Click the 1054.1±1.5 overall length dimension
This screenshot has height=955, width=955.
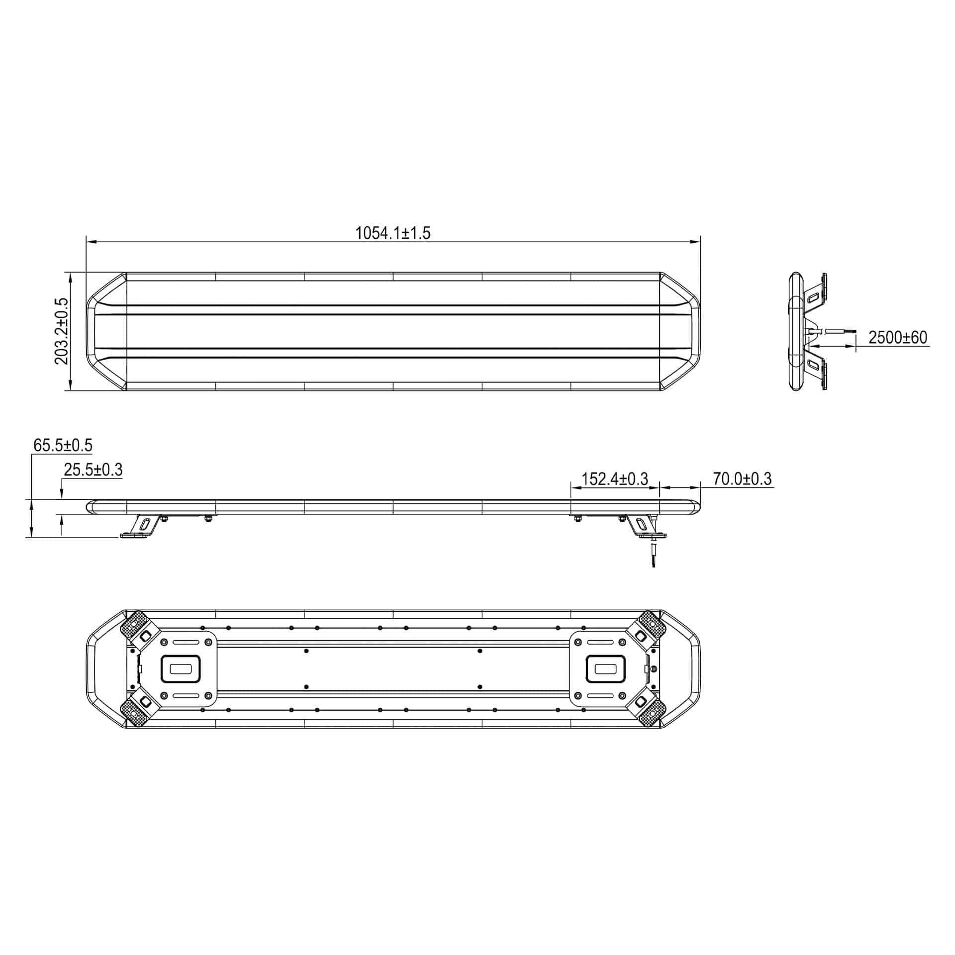pyautogui.click(x=392, y=233)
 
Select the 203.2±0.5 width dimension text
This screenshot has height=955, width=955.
pyautogui.click(x=62, y=331)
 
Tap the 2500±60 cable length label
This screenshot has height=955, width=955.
pyautogui.click(x=898, y=337)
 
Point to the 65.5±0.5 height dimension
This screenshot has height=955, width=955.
pyautogui.click(x=63, y=445)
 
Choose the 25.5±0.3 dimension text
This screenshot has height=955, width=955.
pyautogui.click(x=93, y=469)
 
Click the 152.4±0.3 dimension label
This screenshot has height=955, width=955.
pyautogui.click(x=615, y=478)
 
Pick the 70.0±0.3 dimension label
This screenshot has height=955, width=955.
pyautogui.click(x=742, y=478)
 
